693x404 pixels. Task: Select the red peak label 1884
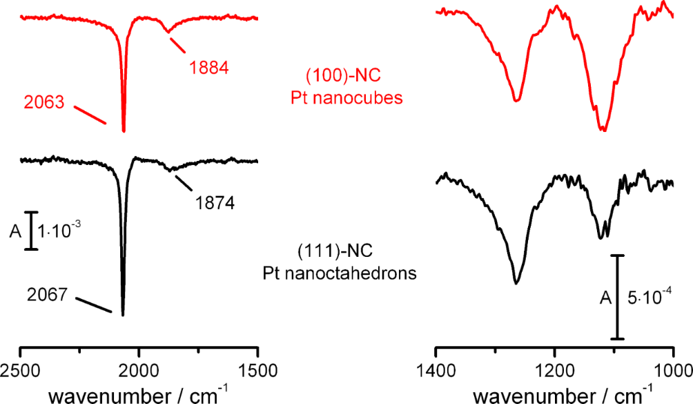click(x=208, y=67)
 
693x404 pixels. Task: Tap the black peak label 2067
click(x=48, y=295)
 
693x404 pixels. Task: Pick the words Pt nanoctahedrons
click(x=338, y=273)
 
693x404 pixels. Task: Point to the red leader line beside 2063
click(x=90, y=115)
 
